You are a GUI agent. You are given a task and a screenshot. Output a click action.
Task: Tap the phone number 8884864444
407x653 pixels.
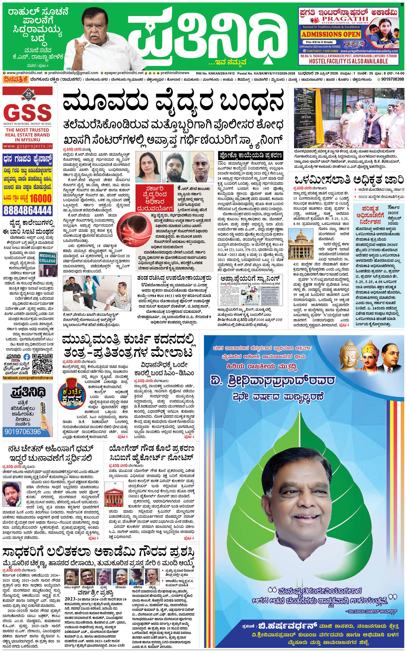28,210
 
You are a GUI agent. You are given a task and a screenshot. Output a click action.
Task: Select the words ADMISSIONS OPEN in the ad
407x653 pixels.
331,35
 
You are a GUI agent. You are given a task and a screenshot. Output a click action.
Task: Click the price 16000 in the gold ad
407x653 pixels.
40,198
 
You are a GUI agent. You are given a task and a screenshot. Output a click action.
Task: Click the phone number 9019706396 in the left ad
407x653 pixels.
23,432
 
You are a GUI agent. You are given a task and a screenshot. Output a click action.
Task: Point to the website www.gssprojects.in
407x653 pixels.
28,146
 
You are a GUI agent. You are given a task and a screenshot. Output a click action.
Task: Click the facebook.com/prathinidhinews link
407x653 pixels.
28,378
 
